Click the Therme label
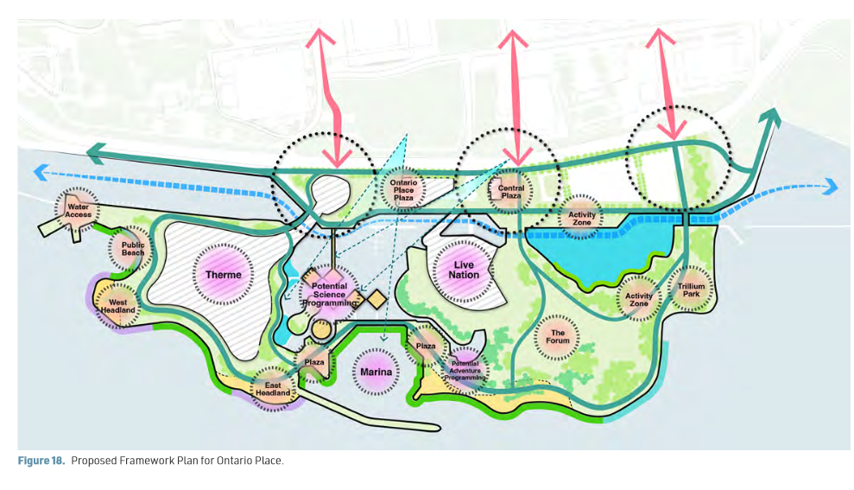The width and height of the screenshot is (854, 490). [224, 275]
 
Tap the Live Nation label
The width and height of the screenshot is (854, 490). [464, 270]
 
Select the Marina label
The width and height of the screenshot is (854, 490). [376, 372]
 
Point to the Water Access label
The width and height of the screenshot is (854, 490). [79, 211]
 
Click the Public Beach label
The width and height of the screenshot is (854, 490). [133, 249]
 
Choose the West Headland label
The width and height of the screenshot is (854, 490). [117, 306]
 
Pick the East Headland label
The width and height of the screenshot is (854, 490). [273, 389]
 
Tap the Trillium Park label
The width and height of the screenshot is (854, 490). [691, 290]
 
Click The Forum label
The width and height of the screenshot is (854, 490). [558, 336]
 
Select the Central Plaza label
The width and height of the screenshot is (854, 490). [511, 192]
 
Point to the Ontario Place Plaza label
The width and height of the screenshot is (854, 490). [403, 189]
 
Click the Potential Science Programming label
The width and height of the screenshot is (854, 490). [330, 295]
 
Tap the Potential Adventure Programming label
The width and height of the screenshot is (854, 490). [465, 371]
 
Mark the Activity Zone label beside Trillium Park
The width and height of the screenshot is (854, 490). [639, 300]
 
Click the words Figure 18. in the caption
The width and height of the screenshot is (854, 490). [41, 461]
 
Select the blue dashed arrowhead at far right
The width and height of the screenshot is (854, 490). [832, 187]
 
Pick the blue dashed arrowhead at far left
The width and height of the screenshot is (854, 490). [41, 173]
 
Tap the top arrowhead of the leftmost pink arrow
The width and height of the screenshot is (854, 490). [320, 37]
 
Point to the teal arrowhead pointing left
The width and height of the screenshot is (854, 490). [96, 153]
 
